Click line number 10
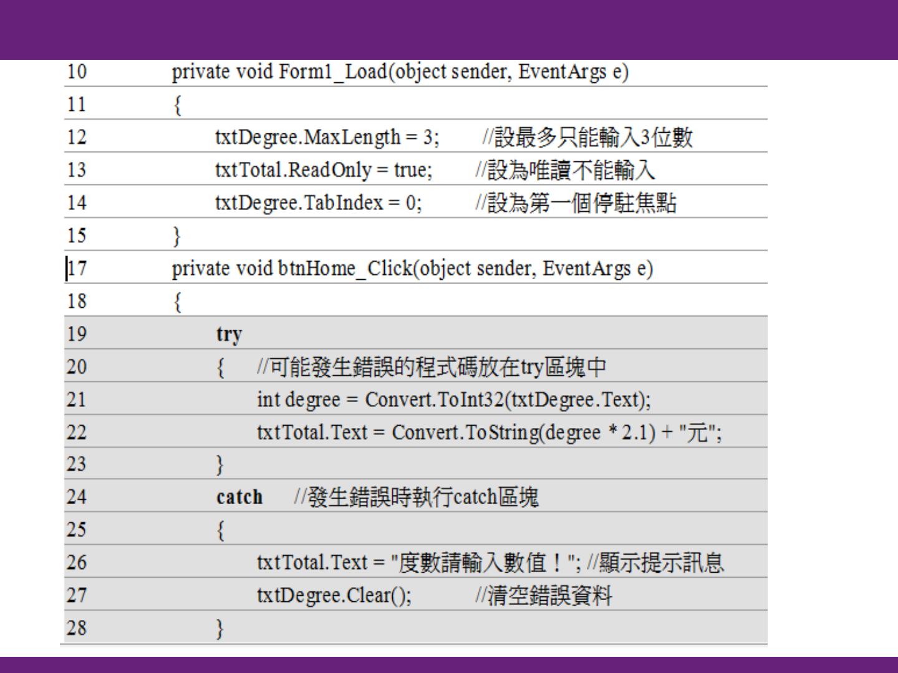pyautogui.click(x=77, y=72)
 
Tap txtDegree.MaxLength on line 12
pyautogui.click(x=307, y=137)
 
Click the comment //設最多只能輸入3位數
pyautogui.click(x=587, y=137)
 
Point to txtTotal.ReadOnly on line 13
pyautogui.click(x=293, y=169)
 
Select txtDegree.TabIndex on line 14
pyautogui.click(x=299, y=203)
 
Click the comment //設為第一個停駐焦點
pyautogui.click(x=575, y=203)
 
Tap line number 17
pyautogui.click(x=77, y=269)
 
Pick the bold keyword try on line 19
pyautogui.click(x=229, y=335)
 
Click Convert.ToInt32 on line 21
pyautogui.click(x=434, y=399)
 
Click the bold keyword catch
pyautogui.click(x=239, y=497)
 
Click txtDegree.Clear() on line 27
pyautogui.click(x=334, y=596)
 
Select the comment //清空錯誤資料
pyautogui.click(x=543, y=596)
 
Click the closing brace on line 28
pyautogui.click(x=220, y=628)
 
